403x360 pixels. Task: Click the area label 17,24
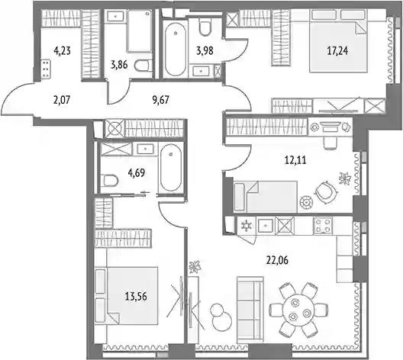[337, 51]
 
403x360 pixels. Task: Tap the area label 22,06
[277, 261]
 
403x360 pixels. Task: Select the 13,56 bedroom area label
[136, 297]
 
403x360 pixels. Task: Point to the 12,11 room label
[295, 160]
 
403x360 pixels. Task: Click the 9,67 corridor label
[160, 100]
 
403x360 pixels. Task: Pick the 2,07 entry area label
[62, 100]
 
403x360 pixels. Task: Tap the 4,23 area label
[62, 51]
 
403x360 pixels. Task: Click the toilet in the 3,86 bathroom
[142, 66]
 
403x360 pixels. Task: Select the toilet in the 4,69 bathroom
[109, 181]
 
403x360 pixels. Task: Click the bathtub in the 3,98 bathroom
[176, 50]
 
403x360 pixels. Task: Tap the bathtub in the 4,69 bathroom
[171, 168]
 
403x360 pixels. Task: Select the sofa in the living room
[250, 310]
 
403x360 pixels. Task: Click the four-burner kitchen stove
[322, 226]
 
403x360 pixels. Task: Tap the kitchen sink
[266, 226]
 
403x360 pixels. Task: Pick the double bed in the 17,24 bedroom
[338, 40]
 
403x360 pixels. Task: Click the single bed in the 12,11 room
[266, 197]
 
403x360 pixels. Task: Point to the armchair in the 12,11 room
[325, 192]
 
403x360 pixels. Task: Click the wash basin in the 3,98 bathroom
[201, 70]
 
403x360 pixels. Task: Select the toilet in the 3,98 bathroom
[205, 28]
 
